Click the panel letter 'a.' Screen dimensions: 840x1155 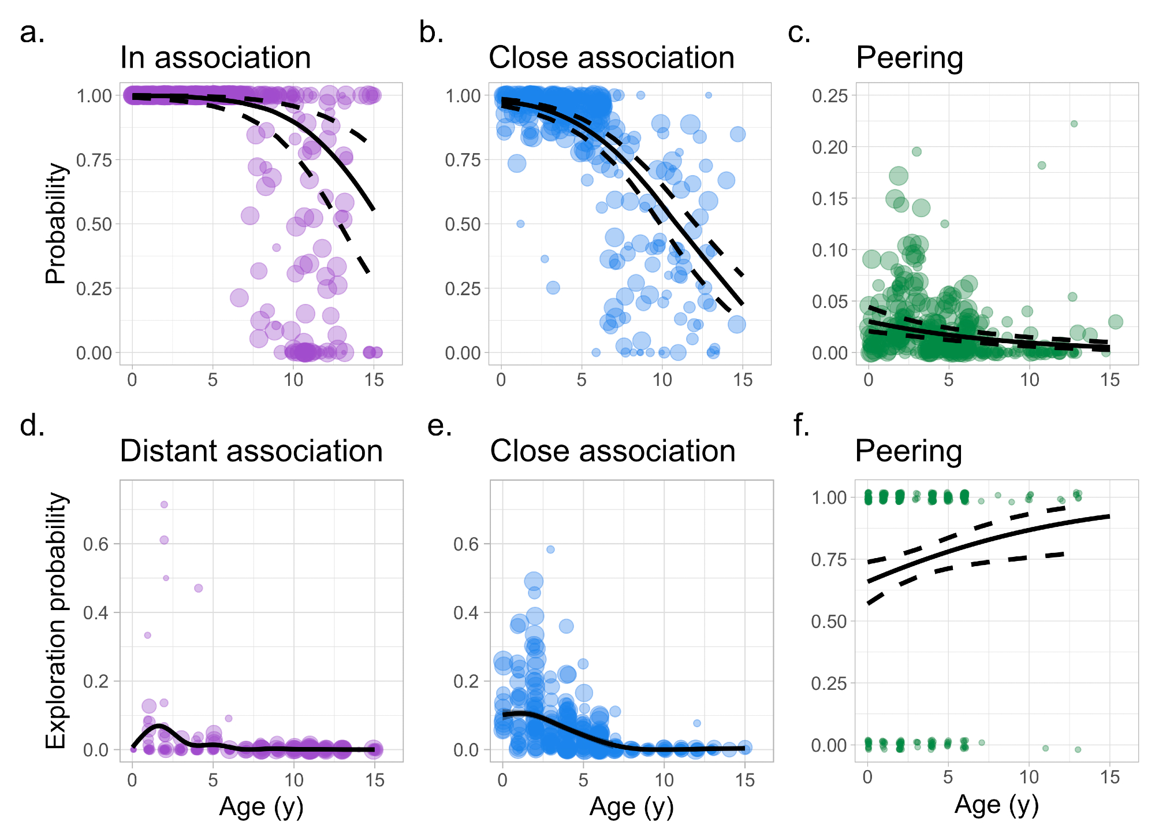32,33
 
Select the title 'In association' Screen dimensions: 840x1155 215,58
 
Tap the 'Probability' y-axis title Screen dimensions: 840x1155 56,224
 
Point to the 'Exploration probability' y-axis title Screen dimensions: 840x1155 56,620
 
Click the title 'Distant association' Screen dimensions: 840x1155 251,451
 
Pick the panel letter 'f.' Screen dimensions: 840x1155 802,426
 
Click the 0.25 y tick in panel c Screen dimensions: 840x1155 830,96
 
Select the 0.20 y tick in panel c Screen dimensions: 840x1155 830,147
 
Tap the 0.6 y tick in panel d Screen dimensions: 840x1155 96,544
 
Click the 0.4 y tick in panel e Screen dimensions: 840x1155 466,612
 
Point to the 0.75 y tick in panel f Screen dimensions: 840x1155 830,560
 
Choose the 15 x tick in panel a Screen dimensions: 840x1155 374,380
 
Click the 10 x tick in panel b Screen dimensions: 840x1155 662,380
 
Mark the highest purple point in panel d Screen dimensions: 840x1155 164,504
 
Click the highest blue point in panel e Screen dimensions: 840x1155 550,549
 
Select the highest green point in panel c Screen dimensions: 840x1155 1074,124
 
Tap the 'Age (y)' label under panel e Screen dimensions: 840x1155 632,807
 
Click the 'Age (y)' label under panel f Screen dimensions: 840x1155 997,805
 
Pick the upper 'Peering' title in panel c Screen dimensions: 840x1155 910,58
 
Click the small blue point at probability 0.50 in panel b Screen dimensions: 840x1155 520,224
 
